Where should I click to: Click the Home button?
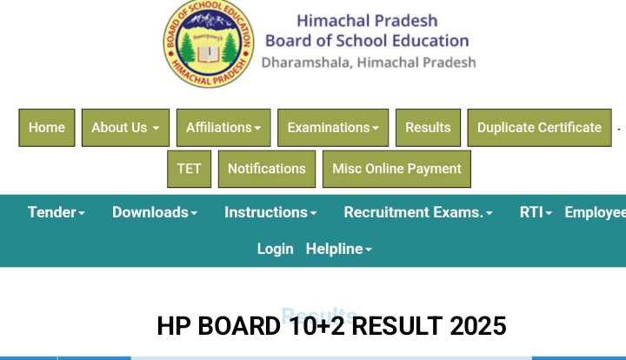click(x=47, y=128)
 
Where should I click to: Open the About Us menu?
click(x=125, y=128)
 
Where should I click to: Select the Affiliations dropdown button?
click(x=223, y=128)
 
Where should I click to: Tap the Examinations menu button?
click(x=333, y=128)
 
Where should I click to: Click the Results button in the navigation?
click(x=428, y=128)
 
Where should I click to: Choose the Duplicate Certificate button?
click(x=539, y=128)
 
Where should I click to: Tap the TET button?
click(x=189, y=169)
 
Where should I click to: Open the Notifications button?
click(x=266, y=169)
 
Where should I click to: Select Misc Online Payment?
click(x=396, y=169)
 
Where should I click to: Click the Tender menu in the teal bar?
click(x=57, y=212)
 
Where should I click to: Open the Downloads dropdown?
click(x=155, y=212)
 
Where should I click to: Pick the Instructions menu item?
click(x=270, y=212)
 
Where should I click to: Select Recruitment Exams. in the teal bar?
click(x=418, y=212)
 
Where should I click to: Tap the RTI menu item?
click(x=536, y=212)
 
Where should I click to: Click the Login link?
click(x=275, y=249)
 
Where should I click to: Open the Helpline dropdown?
click(x=339, y=249)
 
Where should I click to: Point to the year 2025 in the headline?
click(x=478, y=326)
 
